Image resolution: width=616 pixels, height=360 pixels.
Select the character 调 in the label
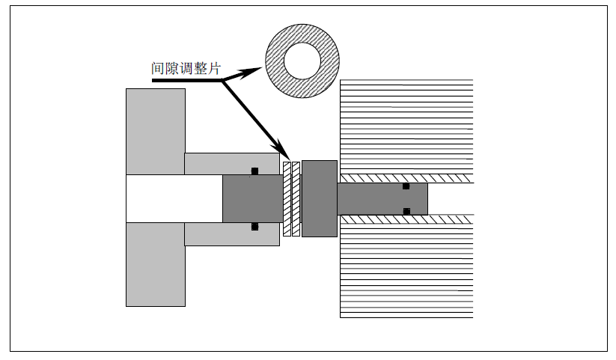coord(186,68)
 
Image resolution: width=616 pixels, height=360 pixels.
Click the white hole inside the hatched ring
coord(302,59)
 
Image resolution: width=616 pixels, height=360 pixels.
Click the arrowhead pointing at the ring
coord(251,72)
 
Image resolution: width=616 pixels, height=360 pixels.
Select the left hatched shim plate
coord(287,198)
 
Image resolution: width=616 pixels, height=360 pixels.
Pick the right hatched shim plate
coord(296,198)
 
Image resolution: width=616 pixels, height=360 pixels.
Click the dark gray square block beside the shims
coord(319,198)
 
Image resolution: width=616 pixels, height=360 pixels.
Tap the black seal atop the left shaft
coord(254,171)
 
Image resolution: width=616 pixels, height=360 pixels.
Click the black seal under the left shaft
coord(254,226)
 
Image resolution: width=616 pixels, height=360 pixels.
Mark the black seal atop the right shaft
coord(406,186)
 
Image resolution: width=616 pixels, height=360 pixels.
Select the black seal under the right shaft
coord(406,211)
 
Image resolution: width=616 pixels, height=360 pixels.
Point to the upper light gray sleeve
coord(225,162)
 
